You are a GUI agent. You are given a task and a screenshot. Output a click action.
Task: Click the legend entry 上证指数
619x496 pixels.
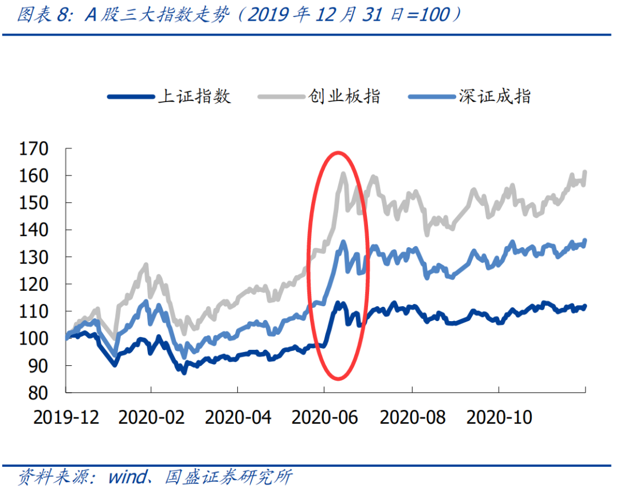[194, 96]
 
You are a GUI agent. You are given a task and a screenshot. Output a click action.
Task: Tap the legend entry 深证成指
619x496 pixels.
[494, 96]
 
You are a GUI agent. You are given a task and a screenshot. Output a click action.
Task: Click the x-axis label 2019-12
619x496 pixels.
[66, 417]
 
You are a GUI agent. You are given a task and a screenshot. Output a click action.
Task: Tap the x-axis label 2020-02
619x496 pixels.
[151, 417]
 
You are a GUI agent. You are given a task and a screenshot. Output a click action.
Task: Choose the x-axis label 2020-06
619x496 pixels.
[324, 417]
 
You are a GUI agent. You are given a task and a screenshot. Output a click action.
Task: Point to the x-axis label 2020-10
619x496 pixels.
[499, 417]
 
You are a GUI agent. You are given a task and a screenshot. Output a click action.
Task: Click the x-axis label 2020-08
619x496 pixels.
[412, 417]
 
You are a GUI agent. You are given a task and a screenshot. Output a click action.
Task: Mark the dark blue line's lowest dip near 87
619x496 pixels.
[184, 373]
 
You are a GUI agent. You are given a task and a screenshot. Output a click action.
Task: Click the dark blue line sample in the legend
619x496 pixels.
[131, 96]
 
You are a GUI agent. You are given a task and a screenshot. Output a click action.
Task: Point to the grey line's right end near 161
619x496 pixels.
[585, 171]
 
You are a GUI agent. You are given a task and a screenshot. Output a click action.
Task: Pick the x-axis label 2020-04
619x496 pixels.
[237, 417]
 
